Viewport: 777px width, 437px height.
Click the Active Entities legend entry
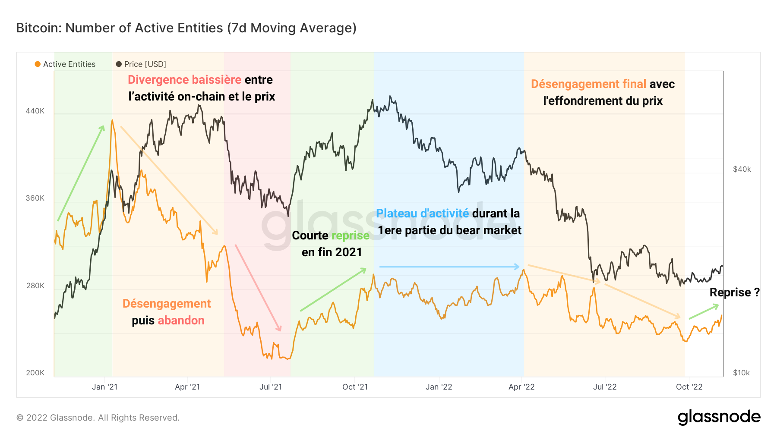coord(65,64)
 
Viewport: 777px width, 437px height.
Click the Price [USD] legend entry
coord(141,64)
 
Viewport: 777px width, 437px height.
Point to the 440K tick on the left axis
coord(35,111)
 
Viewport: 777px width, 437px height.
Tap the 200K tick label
coord(35,373)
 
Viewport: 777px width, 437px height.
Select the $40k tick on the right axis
coord(742,169)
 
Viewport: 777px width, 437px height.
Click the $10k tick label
coord(741,373)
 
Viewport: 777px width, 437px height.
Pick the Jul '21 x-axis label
coord(270,387)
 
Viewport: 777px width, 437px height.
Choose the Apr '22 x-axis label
coord(521,387)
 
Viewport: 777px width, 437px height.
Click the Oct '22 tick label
coord(689,387)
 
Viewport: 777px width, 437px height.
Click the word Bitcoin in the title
coord(38,28)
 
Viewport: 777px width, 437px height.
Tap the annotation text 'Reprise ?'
coord(734,292)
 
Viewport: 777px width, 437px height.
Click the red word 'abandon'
coord(181,321)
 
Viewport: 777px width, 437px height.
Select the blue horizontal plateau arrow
coord(449,267)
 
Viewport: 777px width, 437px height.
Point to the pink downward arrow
coord(258,288)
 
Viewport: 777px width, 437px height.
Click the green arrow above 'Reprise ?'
coord(704,312)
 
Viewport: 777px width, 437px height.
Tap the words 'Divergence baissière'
coord(184,80)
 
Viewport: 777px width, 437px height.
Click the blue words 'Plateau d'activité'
coord(422,214)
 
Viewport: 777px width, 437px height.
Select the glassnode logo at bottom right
coord(719,417)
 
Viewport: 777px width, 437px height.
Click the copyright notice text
coord(98,418)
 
